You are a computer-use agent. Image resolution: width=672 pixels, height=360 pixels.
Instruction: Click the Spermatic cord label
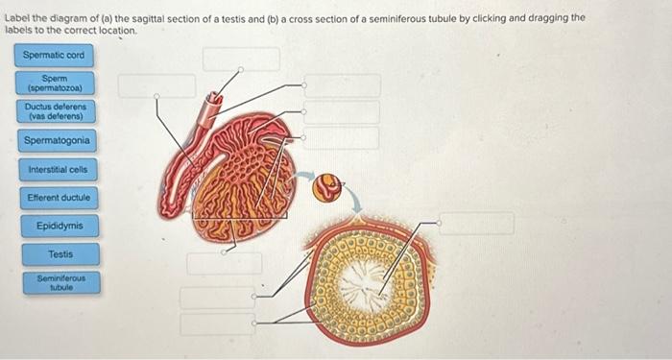point(54,55)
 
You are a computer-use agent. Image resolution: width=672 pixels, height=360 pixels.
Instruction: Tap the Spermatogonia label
point(58,141)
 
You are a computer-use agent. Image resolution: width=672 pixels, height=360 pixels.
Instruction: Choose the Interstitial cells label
point(58,169)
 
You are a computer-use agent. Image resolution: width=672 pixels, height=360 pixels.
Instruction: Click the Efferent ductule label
point(60,198)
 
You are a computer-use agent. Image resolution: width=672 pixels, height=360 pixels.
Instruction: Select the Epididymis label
point(60,227)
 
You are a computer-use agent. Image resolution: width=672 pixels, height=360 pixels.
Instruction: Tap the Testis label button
point(60,254)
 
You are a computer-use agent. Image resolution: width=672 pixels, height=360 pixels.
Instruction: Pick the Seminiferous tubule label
point(60,282)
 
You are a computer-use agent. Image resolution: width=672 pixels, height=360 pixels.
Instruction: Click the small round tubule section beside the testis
point(329,186)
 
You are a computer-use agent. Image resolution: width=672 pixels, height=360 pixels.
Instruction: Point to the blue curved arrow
point(354,200)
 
